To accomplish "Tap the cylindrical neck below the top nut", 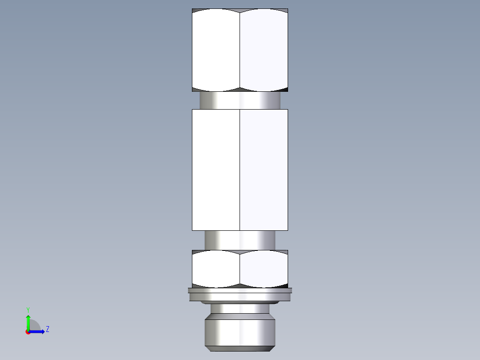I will click(240, 100).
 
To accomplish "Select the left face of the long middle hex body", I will click(216, 169).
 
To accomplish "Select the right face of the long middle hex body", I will click(264, 169).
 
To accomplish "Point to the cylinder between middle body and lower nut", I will click(240, 240).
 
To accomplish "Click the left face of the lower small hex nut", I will click(216, 268).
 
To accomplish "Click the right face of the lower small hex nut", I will click(264, 268).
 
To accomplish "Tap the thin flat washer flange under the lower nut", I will click(240, 294).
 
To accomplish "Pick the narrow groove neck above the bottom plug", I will click(240, 308).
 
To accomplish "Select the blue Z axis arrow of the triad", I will click(38, 331).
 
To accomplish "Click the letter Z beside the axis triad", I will click(47, 329).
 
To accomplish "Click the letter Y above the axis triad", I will click(28, 309).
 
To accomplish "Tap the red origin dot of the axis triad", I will click(28, 332).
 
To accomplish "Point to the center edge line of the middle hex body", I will click(240, 169).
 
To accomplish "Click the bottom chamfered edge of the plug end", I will click(240, 348).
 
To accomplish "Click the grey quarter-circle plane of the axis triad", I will click(35, 327).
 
